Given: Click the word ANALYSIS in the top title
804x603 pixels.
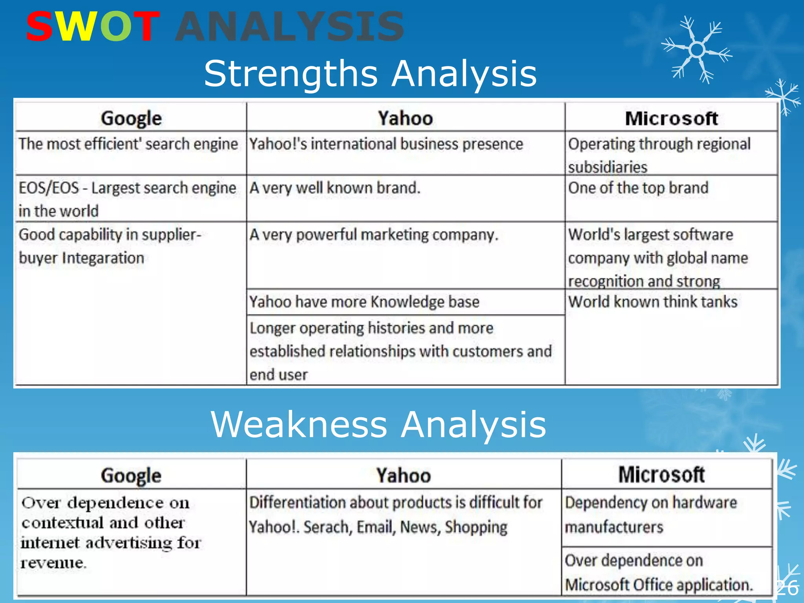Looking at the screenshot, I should click(289, 27).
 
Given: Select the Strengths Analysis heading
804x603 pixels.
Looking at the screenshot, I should click(370, 73).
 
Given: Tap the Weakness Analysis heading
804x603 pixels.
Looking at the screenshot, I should click(378, 424).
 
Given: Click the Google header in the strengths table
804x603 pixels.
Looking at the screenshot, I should click(131, 119).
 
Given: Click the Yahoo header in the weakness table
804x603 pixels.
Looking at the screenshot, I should click(404, 475).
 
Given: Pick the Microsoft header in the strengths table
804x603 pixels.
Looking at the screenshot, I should click(671, 119).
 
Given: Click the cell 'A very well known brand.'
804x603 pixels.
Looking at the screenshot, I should click(335, 188).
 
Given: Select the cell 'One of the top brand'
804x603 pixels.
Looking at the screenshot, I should click(638, 188).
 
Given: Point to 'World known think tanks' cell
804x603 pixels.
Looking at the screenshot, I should click(653, 302).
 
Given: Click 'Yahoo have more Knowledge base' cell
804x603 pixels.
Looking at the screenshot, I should click(364, 302).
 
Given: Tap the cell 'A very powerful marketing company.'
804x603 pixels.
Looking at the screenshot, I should click(374, 235).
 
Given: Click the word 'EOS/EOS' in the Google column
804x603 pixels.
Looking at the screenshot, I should click(49, 188).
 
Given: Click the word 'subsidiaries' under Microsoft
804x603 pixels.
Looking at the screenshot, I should click(607, 167).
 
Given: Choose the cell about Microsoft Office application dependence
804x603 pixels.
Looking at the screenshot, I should click(659, 572).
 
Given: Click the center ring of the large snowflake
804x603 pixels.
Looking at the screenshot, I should click(697, 50).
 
